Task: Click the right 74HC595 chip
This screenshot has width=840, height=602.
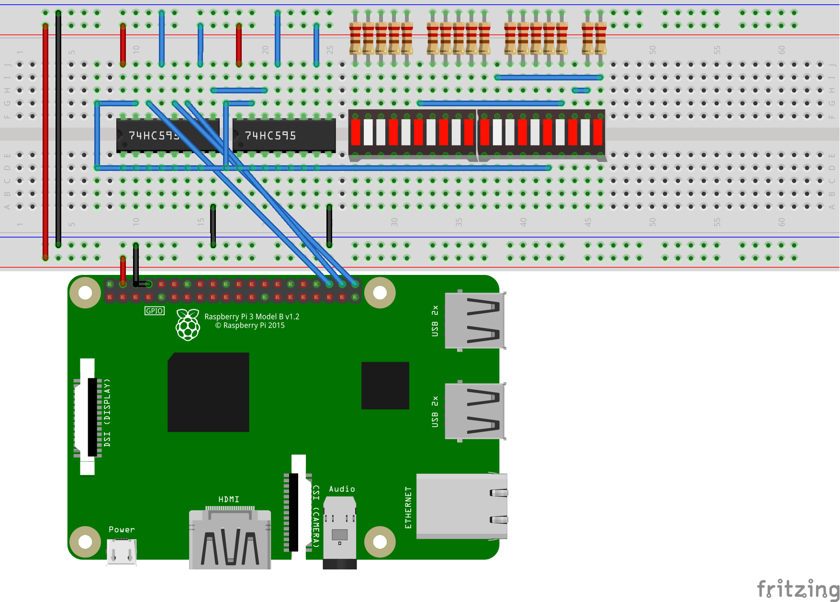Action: coord(284,136)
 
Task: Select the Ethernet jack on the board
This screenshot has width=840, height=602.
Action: coord(461,506)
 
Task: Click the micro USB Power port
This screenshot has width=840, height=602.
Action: coord(122,552)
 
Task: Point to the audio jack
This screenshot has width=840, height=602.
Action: coord(339,532)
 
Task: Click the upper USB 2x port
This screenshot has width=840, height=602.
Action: coord(474,320)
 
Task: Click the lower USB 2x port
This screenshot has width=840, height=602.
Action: coord(474,411)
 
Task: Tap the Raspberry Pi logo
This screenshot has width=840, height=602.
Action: coord(188,324)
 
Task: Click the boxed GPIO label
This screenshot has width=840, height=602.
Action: coord(154,311)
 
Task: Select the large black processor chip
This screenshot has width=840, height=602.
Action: coord(208,392)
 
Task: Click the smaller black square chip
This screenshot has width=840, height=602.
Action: coord(385,386)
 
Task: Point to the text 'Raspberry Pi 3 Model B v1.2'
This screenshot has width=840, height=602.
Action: coord(252,317)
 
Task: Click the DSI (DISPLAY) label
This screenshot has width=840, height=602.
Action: coord(107,412)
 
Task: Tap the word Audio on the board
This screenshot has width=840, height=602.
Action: coord(342,489)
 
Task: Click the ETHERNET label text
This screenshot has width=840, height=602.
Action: coord(408,508)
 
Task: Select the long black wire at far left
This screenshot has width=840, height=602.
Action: coord(58,129)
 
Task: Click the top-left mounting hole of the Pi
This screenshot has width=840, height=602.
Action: coord(85,292)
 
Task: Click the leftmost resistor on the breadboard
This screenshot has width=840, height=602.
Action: coord(355,38)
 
